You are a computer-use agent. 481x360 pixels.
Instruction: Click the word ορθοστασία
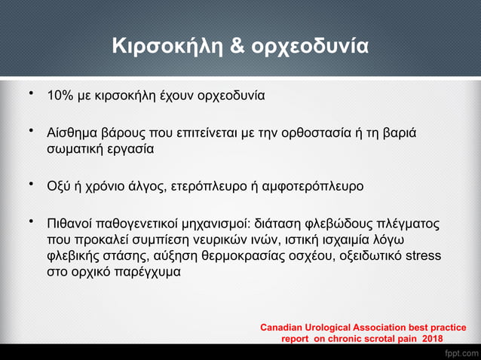click(334, 133)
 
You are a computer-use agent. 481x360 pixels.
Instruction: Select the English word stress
click(423, 256)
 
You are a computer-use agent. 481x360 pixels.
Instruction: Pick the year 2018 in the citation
click(432, 340)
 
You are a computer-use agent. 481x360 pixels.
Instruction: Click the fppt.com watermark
click(461, 352)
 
